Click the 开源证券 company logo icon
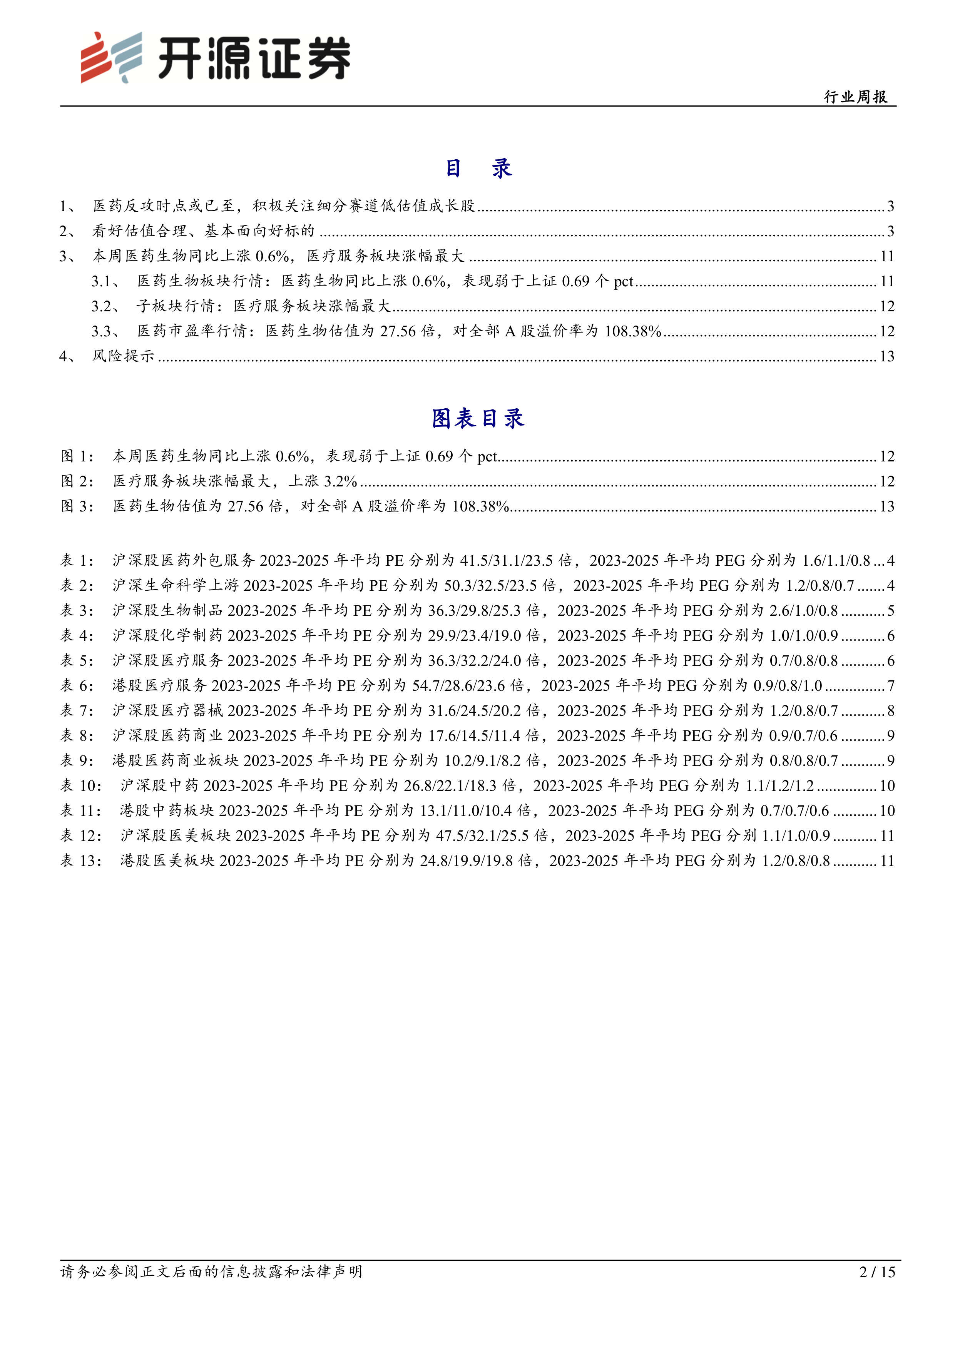111,57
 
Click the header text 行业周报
856,97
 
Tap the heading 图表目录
477,419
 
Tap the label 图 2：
77,481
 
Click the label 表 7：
77,711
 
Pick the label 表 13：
81,861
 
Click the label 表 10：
81,785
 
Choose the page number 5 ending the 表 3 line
890,611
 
